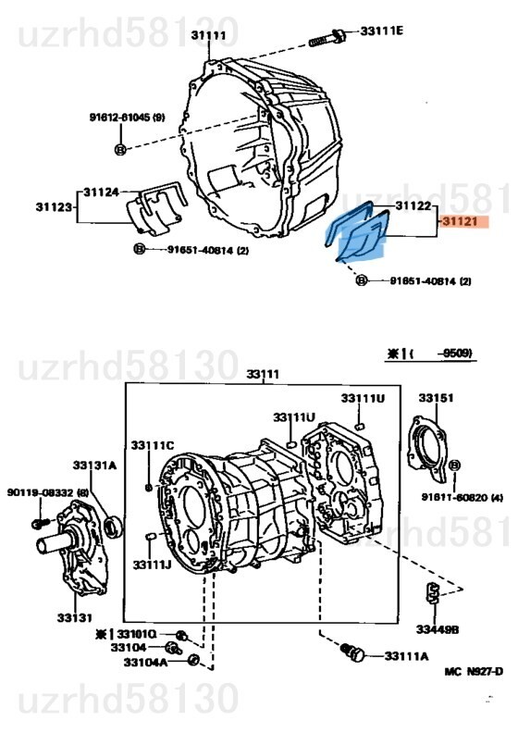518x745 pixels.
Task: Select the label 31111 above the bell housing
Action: (208, 34)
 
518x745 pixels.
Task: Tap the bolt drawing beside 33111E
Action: (327, 38)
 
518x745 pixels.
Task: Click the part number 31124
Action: (101, 192)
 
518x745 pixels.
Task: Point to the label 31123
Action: (54, 206)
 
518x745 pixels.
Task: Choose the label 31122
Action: (413, 205)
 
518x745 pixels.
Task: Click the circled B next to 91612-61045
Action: (120, 149)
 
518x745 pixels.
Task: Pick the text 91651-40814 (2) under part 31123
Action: (207, 250)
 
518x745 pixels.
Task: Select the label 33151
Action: (436, 398)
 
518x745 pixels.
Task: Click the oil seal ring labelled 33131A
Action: (113, 527)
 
